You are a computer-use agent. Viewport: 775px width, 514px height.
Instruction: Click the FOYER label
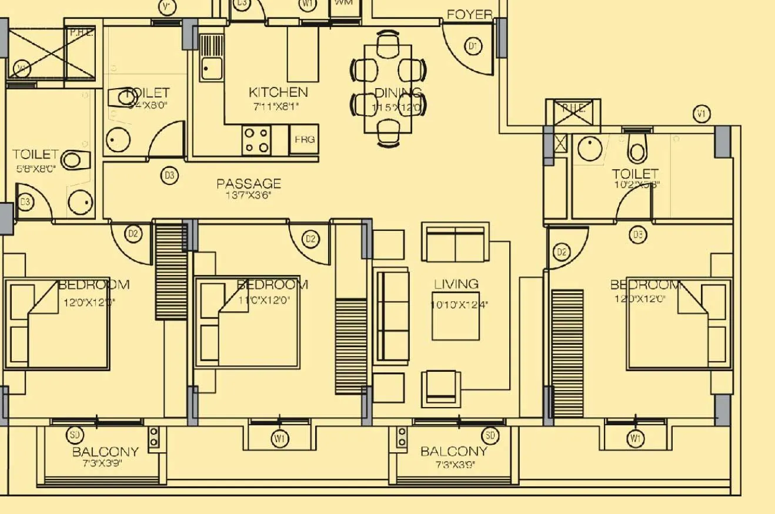tap(469, 15)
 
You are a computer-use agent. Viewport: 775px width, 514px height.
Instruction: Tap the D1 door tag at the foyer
tap(473, 46)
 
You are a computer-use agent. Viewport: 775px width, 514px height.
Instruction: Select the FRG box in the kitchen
tap(305, 140)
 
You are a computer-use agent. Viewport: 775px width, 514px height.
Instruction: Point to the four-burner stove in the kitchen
tap(256, 140)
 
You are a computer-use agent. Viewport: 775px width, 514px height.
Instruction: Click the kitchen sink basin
tap(211, 68)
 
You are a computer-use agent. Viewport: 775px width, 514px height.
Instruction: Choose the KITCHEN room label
tap(278, 92)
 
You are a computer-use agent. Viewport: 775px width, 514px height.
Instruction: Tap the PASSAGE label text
tap(249, 183)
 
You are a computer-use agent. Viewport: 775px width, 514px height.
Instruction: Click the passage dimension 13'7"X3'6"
tap(249, 196)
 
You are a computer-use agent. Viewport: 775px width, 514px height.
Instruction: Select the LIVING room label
tap(456, 284)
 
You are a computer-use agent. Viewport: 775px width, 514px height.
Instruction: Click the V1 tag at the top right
tap(701, 114)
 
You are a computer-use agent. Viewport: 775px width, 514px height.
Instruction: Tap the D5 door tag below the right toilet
tap(638, 236)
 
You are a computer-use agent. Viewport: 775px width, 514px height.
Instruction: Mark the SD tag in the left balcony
tap(75, 435)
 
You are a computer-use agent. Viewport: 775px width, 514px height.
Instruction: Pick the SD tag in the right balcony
tap(490, 435)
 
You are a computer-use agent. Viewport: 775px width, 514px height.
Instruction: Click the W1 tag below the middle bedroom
tap(280, 438)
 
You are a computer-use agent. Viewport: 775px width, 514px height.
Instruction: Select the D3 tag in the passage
tap(169, 175)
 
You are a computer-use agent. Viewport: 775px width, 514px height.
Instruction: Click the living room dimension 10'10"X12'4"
tap(459, 305)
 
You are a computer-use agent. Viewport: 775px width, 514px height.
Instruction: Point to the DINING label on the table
tap(398, 93)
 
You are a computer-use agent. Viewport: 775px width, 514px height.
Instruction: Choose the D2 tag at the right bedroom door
tap(562, 253)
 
